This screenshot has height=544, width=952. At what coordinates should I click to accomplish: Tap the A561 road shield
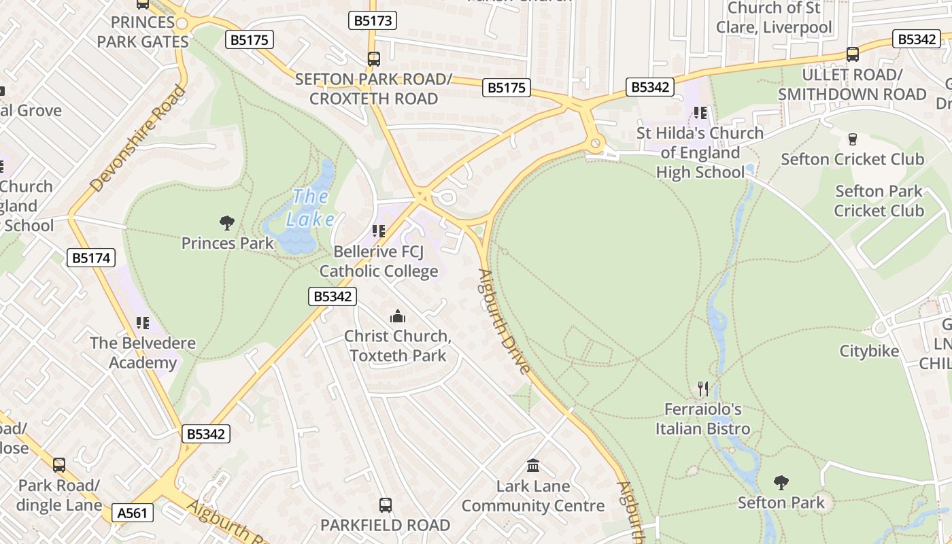132,513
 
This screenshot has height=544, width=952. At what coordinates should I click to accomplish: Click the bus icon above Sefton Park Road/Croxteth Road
373,59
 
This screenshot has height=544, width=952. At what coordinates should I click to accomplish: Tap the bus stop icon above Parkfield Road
386,505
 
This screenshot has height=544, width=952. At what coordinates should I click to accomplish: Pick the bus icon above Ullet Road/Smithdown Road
853,54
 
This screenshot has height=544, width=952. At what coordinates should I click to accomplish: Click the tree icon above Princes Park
227,222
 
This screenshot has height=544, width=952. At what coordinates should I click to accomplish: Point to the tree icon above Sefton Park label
781,483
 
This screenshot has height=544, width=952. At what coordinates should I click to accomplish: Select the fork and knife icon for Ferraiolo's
703,389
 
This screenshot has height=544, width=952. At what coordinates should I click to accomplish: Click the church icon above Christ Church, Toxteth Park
397,316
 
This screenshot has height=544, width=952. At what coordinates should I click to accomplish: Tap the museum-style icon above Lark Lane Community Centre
533,466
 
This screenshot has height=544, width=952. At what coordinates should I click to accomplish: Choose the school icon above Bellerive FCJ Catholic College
379,232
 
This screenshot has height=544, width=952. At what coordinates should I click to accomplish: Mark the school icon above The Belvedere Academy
142,323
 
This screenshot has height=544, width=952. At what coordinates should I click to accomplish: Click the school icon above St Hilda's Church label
700,113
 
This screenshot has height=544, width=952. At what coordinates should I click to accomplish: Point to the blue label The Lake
311,208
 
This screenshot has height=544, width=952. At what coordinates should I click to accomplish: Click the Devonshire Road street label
137,139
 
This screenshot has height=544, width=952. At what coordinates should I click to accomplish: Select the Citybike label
869,352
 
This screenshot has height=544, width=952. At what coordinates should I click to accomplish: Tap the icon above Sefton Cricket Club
852,139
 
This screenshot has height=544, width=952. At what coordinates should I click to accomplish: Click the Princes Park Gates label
143,32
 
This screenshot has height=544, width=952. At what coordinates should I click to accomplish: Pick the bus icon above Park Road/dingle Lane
59,465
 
